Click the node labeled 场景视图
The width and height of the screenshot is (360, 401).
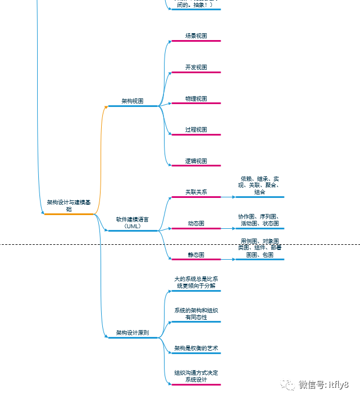tap(196, 36)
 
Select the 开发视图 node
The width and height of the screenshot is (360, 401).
tap(196, 68)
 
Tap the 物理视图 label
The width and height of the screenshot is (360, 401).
tap(196, 99)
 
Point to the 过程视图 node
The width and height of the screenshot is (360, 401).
tap(196, 130)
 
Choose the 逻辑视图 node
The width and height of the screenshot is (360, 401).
tap(196, 161)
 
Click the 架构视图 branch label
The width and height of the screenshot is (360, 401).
tap(133, 101)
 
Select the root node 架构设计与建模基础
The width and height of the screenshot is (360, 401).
tap(69, 205)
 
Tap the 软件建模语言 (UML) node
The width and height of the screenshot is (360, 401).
tap(133, 223)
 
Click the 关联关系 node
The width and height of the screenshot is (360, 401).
tap(196, 192)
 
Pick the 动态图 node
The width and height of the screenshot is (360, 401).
tap(196, 224)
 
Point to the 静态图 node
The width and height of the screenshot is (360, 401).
tap(196, 255)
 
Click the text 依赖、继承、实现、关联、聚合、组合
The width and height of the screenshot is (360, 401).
tap(259, 185)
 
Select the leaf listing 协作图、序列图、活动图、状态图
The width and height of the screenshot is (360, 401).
tap(259, 220)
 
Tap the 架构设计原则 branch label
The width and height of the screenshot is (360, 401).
tap(133, 333)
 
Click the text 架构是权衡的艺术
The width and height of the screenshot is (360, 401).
tap(196, 348)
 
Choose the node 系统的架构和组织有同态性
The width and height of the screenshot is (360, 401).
tap(196, 313)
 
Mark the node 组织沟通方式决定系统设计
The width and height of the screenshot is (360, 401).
tap(196, 376)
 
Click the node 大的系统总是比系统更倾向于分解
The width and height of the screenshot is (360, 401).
tap(196, 282)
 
